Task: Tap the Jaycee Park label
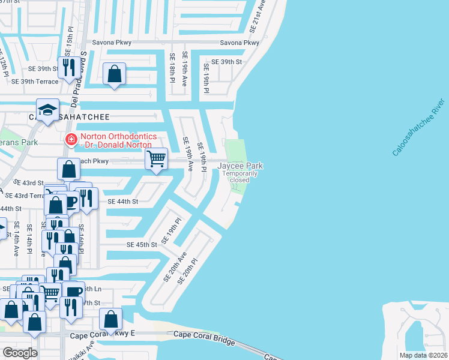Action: tap(240, 166)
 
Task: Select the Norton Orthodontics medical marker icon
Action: tap(71, 140)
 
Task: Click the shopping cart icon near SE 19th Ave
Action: tap(156, 159)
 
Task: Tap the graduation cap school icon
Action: tap(47, 110)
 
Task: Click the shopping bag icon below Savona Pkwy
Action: tap(114, 74)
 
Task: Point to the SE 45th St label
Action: tap(142, 245)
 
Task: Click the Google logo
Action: tap(20, 353)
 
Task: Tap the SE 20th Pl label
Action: tap(189, 271)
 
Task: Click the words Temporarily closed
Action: tap(240, 176)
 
